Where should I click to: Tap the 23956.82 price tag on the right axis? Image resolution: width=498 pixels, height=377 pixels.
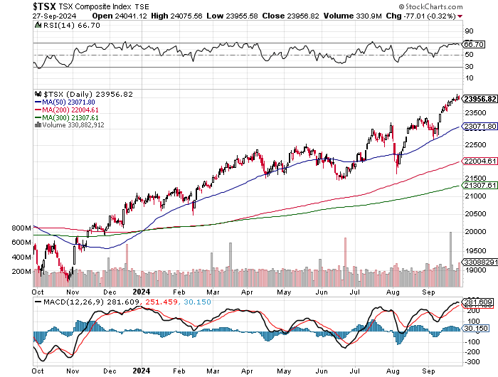(x=478, y=99)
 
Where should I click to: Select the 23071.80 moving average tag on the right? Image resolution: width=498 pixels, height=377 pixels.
(x=478, y=126)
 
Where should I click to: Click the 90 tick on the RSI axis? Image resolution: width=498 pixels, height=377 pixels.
(x=469, y=31)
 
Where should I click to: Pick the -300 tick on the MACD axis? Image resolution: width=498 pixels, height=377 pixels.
(x=472, y=361)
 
